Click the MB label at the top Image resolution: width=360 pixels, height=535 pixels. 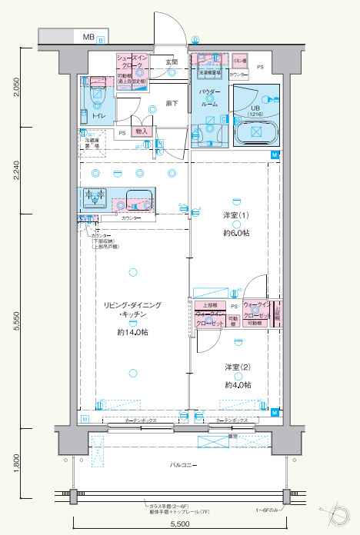[x=89, y=36]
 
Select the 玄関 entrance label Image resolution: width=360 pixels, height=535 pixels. [x=172, y=62]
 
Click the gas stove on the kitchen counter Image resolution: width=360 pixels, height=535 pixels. [x=95, y=198]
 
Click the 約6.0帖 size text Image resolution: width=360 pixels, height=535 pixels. [x=238, y=232]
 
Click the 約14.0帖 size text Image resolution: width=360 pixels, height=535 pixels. [x=133, y=332]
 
